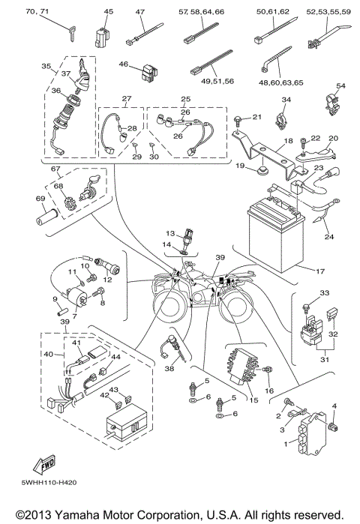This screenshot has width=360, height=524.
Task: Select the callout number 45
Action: click(109, 12)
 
